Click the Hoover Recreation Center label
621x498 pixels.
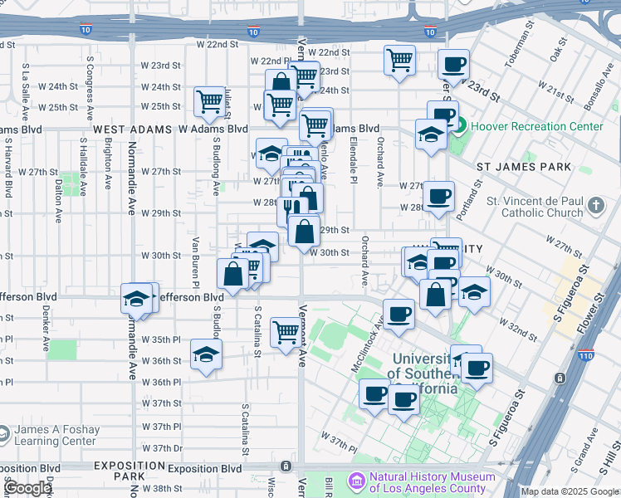tap(537, 127)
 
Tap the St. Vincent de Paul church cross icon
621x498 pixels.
tap(594, 205)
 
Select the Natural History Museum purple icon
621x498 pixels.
tap(357, 481)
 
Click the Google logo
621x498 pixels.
tap(27, 488)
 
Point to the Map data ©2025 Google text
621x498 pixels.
tap(570, 492)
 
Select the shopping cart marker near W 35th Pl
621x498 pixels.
tap(286, 332)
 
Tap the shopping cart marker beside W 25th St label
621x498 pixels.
tap(210, 102)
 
